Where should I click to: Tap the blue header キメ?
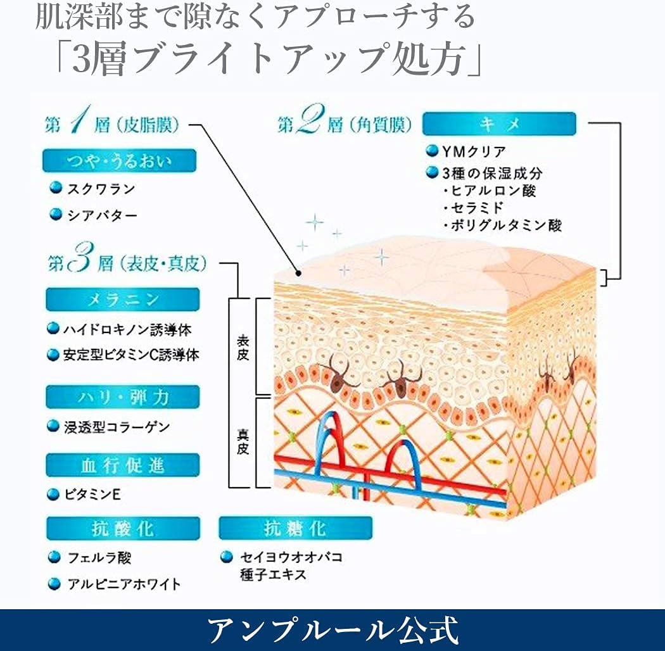(499, 124)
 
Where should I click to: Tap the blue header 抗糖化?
(295, 528)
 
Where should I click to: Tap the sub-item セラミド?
(478, 207)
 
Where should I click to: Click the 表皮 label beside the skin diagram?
(242, 348)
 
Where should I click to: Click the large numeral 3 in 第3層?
(84, 262)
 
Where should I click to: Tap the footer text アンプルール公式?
(332, 629)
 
